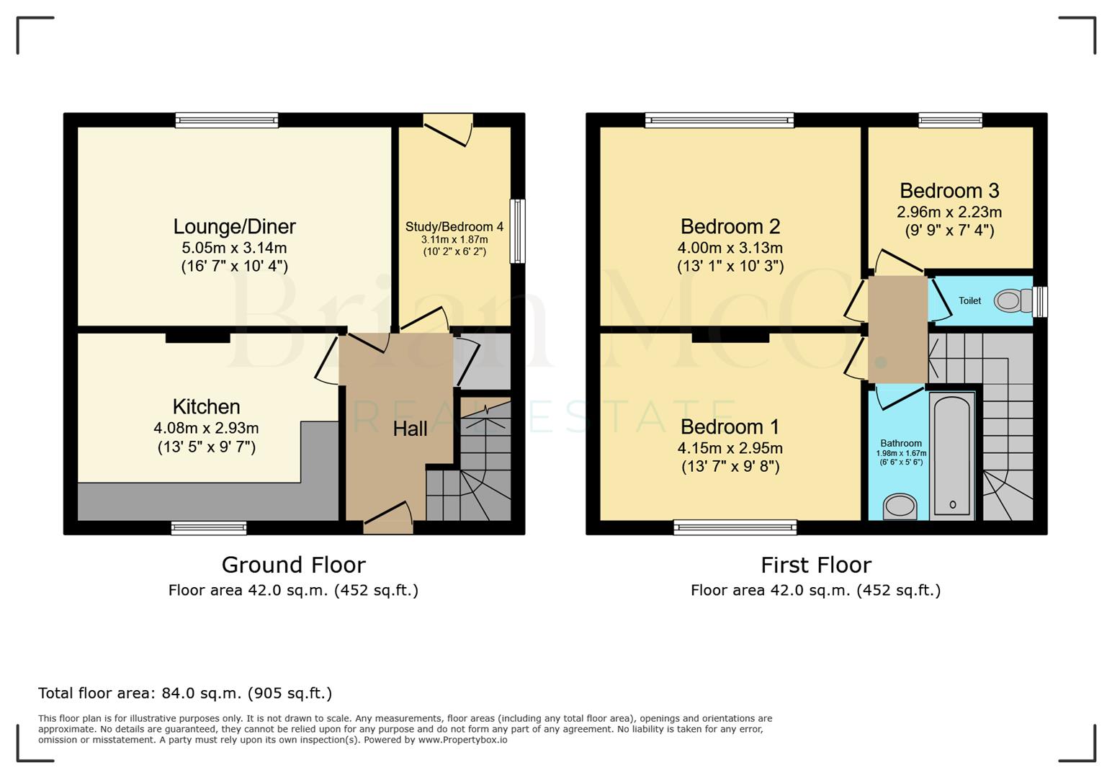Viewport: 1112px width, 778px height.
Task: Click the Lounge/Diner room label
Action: pyautogui.click(x=234, y=227)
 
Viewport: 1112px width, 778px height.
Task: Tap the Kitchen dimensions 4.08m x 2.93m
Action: pyautogui.click(x=206, y=428)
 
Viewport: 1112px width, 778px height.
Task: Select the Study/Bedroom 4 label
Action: pyautogui.click(x=454, y=227)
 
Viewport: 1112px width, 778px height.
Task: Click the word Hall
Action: pyautogui.click(x=410, y=429)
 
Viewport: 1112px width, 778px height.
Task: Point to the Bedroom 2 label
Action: pyautogui.click(x=730, y=227)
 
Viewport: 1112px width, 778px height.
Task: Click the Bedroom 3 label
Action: pyautogui.click(x=949, y=191)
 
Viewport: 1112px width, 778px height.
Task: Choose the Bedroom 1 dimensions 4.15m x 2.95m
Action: pyautogui.click(x=730, y=448)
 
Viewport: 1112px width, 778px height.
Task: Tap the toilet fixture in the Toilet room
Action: pyautogui.click(x=1013, y=300)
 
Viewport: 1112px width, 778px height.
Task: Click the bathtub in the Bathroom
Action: pyautogui.click(x=952, y=455)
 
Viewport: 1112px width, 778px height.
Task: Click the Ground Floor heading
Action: pyautogui.click(x=293, y=565)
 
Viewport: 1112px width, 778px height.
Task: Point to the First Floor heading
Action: pyautogui.click(x=815, y=565)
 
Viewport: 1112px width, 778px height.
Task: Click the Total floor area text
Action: pyautogui.click(x=185, y=693)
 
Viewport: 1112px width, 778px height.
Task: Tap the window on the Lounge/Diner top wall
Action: pyautogui.click(x=227, y=120)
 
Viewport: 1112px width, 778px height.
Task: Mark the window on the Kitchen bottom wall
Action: pyautogui.click(x=209, y=528)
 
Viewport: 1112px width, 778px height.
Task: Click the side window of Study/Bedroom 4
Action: pyautogui.click(x=517, y=231)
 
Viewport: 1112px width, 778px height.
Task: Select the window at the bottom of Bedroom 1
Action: pyautogui.click(x=735, y=528)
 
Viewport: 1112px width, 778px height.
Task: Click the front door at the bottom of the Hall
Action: pyautogui.click(x=388, y=520)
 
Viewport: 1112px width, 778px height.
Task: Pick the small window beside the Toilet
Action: pyautogui.click(x=1040, y=302)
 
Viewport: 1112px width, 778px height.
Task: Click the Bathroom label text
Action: pyautogui.click(x=900, y=444)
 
